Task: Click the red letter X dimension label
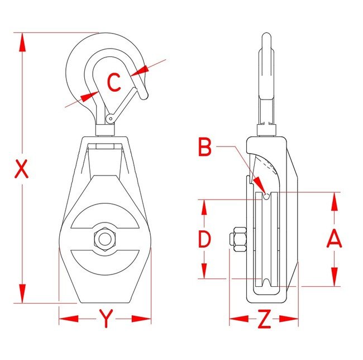click(21, 168)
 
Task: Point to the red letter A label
click(334, 238)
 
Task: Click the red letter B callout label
click(205, 147)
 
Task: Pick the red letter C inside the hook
click(114, 82)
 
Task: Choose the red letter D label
click(204, 239)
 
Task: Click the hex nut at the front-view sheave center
click(105, 239)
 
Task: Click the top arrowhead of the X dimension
click(22, 42)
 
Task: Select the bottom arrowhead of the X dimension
click(22, 293)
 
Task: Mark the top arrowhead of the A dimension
click(335, 202)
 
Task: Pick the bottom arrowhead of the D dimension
click(204, 270)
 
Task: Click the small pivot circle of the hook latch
click(111, 119)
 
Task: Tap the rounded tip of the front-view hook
click(144, 96)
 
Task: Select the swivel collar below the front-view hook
click(105, 130)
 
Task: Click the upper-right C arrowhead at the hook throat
click(140, 70)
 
